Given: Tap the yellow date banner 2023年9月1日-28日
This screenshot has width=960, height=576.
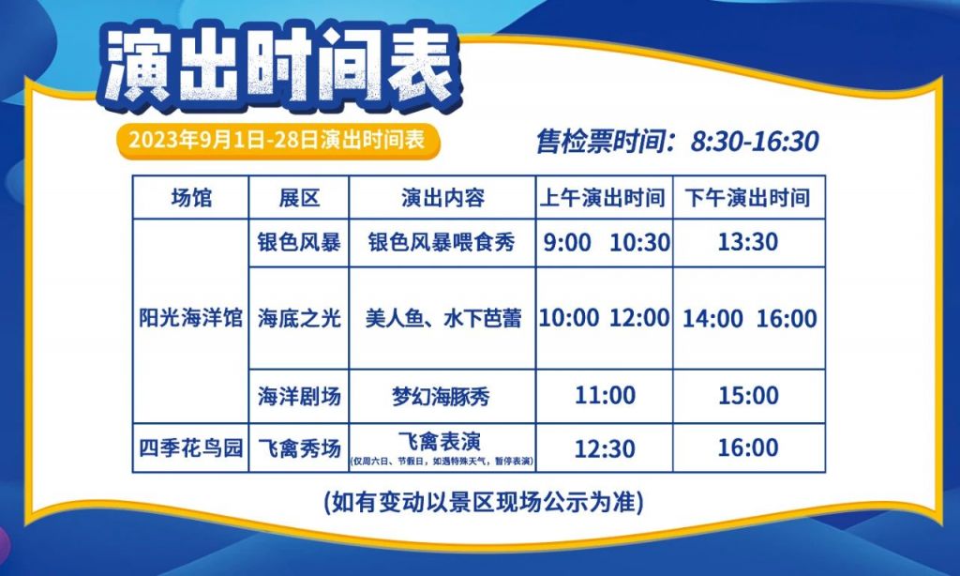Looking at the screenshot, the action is [x=278, y=141].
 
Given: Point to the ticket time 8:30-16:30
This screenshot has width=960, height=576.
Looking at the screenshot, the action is [x=755, y=142].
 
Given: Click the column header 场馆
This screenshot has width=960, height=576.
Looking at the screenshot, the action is [x=191, y=198].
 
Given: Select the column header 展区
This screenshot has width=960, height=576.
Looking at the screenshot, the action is [x=299, y=198].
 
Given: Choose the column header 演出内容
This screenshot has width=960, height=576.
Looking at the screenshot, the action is [x=442, y=198].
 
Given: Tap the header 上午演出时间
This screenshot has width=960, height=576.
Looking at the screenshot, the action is [x=603, y=198].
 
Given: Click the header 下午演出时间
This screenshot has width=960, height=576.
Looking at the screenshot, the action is [x=747, y=198].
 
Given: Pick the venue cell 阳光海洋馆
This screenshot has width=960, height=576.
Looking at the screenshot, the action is [x=191, y=318].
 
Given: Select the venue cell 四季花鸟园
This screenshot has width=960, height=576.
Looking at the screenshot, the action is [x=191, y=447].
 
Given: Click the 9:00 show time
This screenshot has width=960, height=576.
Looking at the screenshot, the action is [x=567, y=243].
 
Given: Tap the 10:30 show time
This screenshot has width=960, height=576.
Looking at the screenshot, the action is [x=639, y=243].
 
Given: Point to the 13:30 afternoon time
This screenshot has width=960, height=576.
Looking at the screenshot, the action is [x=747, y=242].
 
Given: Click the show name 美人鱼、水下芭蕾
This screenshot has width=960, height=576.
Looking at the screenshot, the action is [x=443, y=318].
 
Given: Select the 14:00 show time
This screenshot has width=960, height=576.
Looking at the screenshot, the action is [x=712, y=319].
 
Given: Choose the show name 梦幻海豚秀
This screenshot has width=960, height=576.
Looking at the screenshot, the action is [x=441, y=397].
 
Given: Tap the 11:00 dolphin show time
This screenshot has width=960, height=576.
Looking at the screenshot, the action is [x=605, y=395].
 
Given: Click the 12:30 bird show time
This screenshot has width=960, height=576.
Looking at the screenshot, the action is [x=605, y=449].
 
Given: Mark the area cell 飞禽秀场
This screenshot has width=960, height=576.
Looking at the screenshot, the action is [x=299, y=447].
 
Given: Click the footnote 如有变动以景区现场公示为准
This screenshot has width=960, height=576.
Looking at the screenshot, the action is [x=484, y=503].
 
